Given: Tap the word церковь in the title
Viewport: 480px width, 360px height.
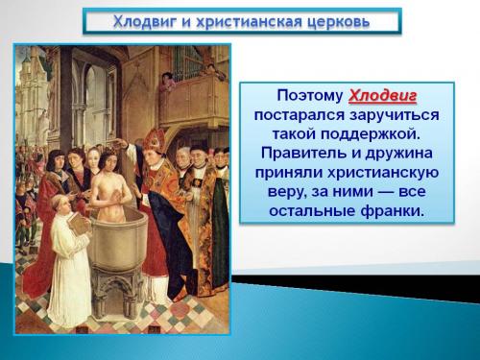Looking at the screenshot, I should [337, 21].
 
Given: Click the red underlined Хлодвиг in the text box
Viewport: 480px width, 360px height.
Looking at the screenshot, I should [383, 97].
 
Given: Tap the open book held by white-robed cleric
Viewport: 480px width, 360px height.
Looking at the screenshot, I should [80, 222].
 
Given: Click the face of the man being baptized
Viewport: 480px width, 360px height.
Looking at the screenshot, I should [108, 157].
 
